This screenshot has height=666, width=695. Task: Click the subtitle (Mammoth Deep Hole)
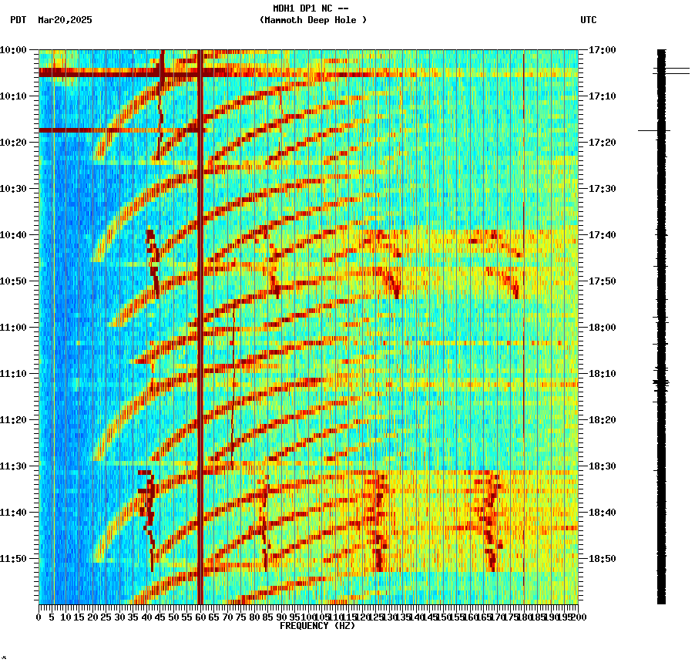pyautogui.click(x=313, y=20)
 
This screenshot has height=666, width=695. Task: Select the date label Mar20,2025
pyautogui.click(x=65, y=20)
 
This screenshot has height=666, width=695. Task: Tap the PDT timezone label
pyautogui.click(x=18, y=20)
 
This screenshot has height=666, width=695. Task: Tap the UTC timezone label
pyautogui.click(x=589, y=20)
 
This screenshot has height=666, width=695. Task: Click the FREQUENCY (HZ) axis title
pyautogui.click(x=317, y=626)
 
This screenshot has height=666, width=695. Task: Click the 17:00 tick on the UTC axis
pyautogui.click(x=602, y=50)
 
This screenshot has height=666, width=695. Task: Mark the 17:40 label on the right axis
pyautogui.click(x=602, y=235)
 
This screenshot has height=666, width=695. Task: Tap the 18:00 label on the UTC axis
pyautogui.click(x=602, y=328)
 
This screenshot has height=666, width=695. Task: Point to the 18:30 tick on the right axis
pyautogui.click(x=602, y=466)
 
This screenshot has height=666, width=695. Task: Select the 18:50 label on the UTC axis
pyautogui.click(x=602, y=559)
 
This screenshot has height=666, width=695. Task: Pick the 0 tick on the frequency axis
pyautogui.click(x=39, y=617)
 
